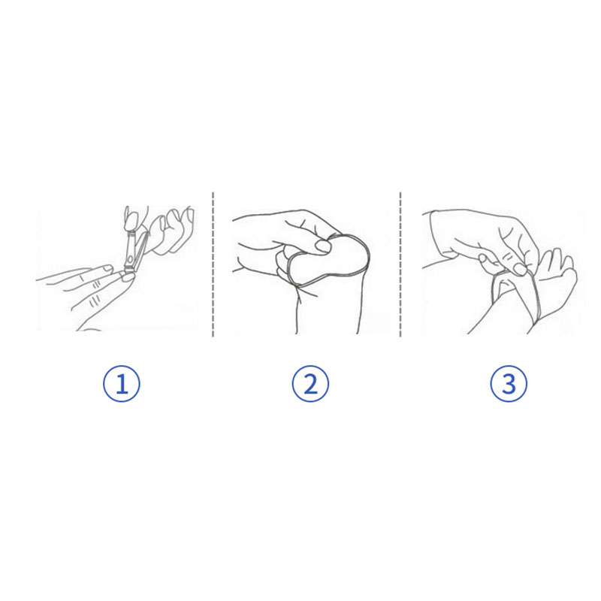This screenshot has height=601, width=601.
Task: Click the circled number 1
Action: (x=122, y=384)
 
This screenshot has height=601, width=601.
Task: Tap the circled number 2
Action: (x=310, y=384)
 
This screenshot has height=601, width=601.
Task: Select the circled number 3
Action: (x=509, y=384)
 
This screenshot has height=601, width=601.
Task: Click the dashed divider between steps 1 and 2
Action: (x=213, y=264)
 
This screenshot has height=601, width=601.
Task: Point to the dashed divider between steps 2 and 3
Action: (x=400, y=264)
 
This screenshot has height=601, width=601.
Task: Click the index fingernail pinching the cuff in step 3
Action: (x=520, y=269)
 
